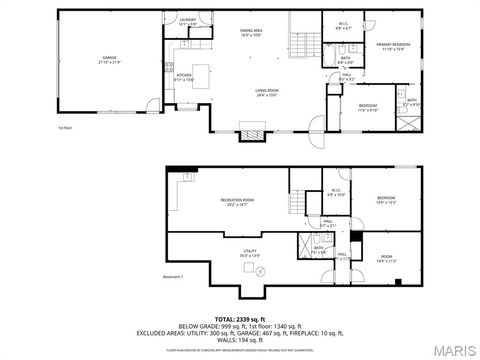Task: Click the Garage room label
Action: pyautogui.click(x=110, y=60)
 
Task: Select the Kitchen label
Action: pyautogui.click(x=183, y=77)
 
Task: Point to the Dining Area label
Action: pyautogui.click(x=250, y=32)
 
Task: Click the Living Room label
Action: pyautogui.click(x=265, y=93)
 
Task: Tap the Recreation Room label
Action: pyautogui.click(x=237, y=202)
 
